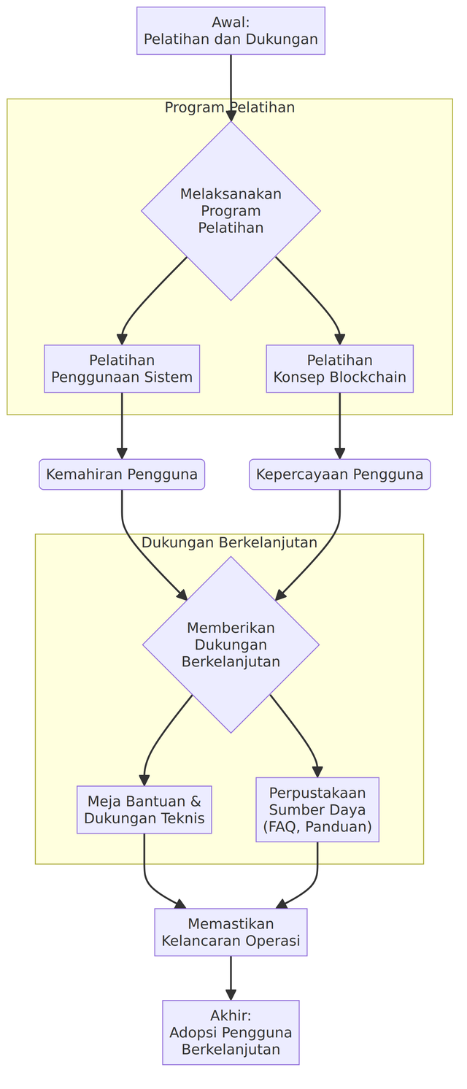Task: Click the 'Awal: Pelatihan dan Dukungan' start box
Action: click(231, 31)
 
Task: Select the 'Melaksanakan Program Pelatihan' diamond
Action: click(231, 210)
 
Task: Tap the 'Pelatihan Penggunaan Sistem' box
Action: click(122, 369)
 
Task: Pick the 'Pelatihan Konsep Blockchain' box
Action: click(339, 369)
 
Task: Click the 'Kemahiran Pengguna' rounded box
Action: click(122, 474)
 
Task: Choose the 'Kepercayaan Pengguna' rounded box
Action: click(339, 474)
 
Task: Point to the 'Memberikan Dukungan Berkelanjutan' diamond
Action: click(231, 644)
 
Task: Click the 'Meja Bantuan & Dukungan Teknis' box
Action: click(144, 809)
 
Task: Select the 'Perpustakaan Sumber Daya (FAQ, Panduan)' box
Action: click(317, 809)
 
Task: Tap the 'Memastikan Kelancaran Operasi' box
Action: click(231, 932)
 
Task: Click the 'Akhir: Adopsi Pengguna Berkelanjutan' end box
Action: click(231, 1032)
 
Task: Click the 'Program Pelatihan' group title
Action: click(230, 108)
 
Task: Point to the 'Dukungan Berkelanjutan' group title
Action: click(229, 543)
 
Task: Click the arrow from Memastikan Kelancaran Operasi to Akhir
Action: click(231, 978)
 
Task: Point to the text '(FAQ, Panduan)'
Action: click(317, 827)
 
